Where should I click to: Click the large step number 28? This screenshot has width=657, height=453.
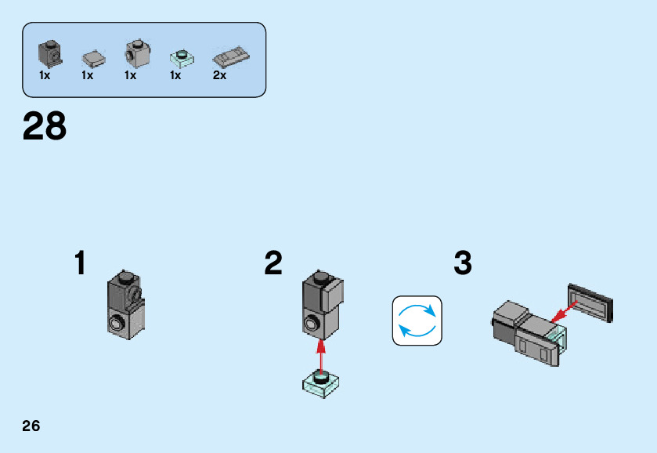45,127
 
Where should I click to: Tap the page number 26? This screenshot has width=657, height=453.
31,426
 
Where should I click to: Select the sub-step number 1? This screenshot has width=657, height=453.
80,263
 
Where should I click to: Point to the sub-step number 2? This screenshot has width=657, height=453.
273,263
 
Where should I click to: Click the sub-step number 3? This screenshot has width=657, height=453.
463,263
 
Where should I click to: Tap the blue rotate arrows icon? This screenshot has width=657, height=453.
417,321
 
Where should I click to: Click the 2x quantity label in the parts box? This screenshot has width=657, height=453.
219,76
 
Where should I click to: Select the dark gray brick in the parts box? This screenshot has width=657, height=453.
49,53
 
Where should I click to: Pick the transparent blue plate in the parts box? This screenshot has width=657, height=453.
180,58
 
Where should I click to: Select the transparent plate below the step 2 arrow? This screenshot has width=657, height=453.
320,384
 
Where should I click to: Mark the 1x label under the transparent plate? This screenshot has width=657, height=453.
175,76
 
